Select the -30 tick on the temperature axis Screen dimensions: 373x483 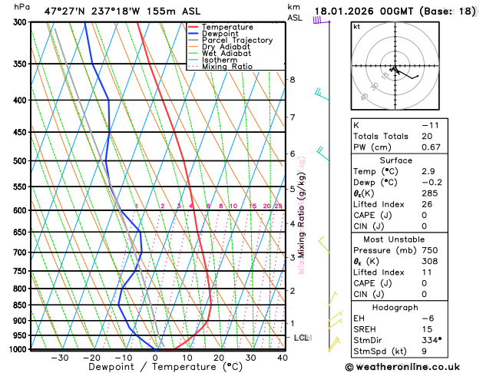[59, 358]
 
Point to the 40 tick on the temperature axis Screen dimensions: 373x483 [283, 358]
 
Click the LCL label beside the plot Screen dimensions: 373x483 [303, 338]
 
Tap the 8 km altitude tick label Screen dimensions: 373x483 [292, 80]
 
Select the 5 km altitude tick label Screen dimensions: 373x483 [292, 188]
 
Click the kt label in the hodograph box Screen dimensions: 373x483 [356, 27]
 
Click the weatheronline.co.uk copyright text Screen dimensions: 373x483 [412, 366]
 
